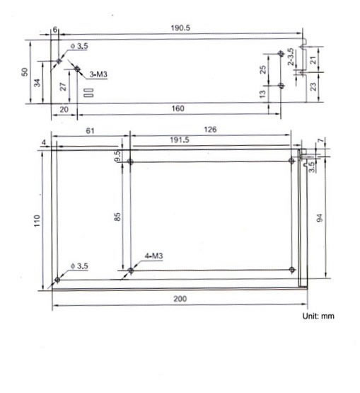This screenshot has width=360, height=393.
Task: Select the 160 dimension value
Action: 178,108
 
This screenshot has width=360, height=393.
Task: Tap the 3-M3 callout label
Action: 98,74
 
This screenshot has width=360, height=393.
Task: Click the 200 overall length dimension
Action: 180,299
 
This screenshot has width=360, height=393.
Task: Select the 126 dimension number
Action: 210,129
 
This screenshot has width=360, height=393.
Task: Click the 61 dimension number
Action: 90,129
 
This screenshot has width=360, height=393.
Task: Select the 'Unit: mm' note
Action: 318,316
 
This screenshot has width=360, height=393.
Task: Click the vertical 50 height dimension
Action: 25,72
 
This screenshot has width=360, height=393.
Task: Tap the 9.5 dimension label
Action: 117,154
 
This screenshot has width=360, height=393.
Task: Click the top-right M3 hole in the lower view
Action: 292,161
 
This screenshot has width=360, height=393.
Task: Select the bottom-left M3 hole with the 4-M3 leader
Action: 131,270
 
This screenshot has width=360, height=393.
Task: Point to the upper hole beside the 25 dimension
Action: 281,54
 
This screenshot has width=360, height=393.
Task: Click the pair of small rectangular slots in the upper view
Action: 89,91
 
